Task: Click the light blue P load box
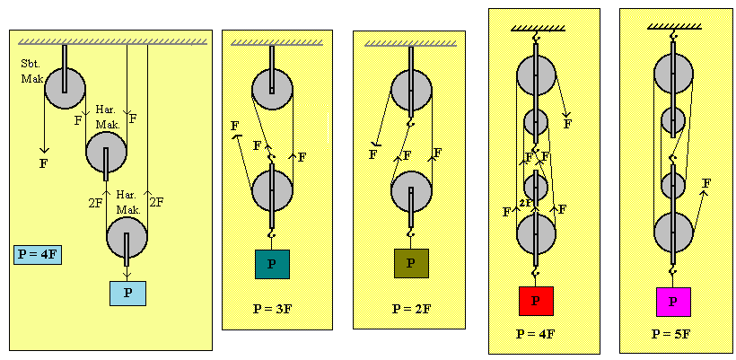point(127,294)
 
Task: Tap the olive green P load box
point(410,263)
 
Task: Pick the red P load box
point(535,300)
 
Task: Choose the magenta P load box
point(673,300)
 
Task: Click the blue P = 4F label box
point(39,253)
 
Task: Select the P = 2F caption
point(411,308)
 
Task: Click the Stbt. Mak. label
point(31,72)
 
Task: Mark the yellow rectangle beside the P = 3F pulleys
point(312,127)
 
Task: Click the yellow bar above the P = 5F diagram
point(676,13)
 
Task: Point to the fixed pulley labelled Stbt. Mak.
point(65,87)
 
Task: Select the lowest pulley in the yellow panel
point(127,238)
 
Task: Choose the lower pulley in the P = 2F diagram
point(411,193)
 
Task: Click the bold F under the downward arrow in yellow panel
point(44,163)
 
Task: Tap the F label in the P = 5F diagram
point(706,183)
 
